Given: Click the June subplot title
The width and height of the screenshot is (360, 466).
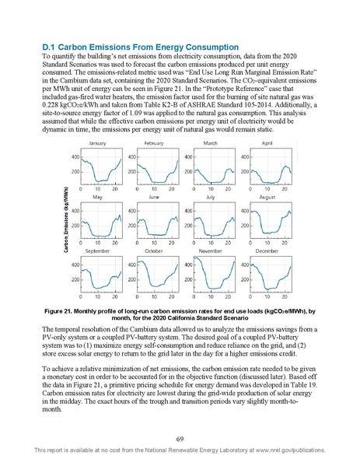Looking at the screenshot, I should [x=154, y=198].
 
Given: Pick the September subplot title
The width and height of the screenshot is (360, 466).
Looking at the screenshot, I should [x=97, y=251].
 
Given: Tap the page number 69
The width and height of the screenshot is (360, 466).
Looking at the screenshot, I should [x=180, y=440].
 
